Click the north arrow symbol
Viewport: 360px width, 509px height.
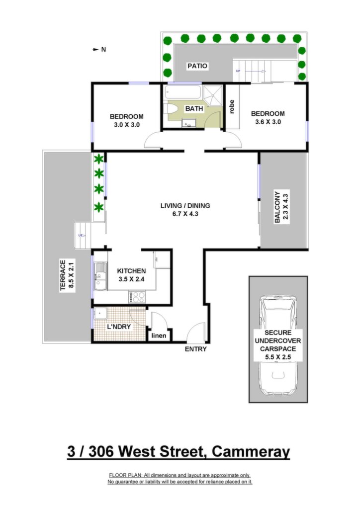[x=95, y=49]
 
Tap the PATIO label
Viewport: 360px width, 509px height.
[x=197, y=66]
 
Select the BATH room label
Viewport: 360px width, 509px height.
[x=194, y=108]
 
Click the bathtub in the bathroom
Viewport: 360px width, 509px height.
[x=183, y=92]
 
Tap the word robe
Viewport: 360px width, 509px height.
[x=231, y=106]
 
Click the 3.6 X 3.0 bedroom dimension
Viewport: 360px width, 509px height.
[x=268, y=122]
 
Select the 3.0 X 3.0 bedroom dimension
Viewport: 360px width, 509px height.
[x=127, y=125]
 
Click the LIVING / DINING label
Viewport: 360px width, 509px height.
[x=185, y=205]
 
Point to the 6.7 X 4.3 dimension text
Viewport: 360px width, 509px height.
[x=185, y=214]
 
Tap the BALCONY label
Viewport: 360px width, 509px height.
[x=277, y=207]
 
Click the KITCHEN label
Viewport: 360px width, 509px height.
[x=131, y=271]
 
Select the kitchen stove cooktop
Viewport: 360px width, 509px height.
[x=137, y=297]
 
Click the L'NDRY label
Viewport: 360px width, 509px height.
[x=119, y=327]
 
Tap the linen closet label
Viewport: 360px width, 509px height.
[x=159, y=336]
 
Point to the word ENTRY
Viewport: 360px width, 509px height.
[x=195, y=349]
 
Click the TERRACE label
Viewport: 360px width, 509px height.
[x=63, y=275]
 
